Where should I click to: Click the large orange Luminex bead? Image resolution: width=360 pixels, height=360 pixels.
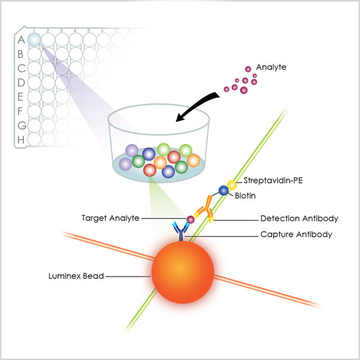(x=183, y=272)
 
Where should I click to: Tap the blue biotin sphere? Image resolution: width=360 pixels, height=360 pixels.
(x=223, y=191)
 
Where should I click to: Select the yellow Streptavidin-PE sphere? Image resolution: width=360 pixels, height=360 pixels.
(x=232, y=185)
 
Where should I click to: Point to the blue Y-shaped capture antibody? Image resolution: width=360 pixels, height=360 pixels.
(x=181, y=232)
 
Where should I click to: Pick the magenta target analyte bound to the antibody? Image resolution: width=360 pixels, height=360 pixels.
(x=190, y=220)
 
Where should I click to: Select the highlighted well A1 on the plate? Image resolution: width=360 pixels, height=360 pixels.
(x=34, y=39)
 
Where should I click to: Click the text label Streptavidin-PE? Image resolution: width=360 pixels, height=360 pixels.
(x=273, y=181)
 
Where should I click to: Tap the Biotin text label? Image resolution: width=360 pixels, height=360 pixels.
(x=245, y=196)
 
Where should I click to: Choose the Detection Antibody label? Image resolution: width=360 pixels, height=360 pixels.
(x=299, y=218)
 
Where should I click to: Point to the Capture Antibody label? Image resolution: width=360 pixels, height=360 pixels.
(x=296, y=235)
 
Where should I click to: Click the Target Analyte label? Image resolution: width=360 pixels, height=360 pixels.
(x=110, y=218)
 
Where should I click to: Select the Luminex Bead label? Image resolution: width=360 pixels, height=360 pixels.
(x=76, y=276)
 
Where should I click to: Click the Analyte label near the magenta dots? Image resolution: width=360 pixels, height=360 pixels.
(x=271, y=67)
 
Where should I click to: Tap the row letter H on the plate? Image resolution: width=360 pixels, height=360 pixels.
(x=21, y=140)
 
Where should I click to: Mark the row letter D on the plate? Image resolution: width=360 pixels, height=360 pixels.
(x=21, y=82)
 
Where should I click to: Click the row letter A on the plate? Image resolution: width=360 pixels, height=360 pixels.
(x=21, y=40)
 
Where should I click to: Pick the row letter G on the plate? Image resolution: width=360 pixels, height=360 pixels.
(x=22, y=125)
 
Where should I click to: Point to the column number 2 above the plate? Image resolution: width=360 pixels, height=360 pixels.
(x=48, y=31)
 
